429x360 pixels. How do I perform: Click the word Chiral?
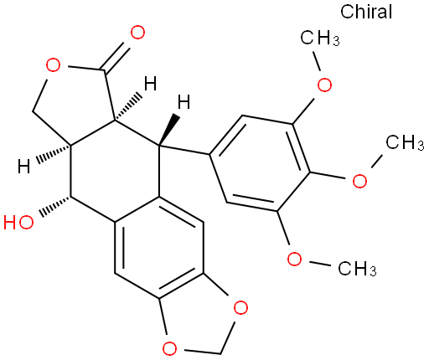[366, 12]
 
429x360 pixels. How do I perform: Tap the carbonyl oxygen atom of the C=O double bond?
[137, 33]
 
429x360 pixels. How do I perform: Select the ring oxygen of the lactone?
[53, 65]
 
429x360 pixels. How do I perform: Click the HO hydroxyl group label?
[18, 223]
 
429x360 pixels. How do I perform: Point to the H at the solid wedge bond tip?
[184, 102]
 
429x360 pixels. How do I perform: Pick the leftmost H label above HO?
[23, 166]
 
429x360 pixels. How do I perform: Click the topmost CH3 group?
[320, 38]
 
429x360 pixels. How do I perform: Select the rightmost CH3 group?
[405, 142]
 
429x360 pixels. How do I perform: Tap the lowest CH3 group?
[357, 269]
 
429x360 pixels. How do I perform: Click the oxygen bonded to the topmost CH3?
[324, 85]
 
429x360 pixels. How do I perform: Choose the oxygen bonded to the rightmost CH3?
[359, 181]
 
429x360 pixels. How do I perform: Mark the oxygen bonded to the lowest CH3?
[294, 259]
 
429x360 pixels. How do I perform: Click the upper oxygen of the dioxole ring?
[240, 307]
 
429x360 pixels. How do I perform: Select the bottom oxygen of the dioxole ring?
[169, 348]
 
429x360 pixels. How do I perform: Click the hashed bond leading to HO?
[55, 206]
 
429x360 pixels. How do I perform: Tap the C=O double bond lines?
[116, 57]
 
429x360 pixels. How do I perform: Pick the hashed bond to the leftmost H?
[53, 154]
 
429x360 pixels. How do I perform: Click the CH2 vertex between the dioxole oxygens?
[220, 354]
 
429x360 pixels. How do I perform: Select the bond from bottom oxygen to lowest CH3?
[320, 263]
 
